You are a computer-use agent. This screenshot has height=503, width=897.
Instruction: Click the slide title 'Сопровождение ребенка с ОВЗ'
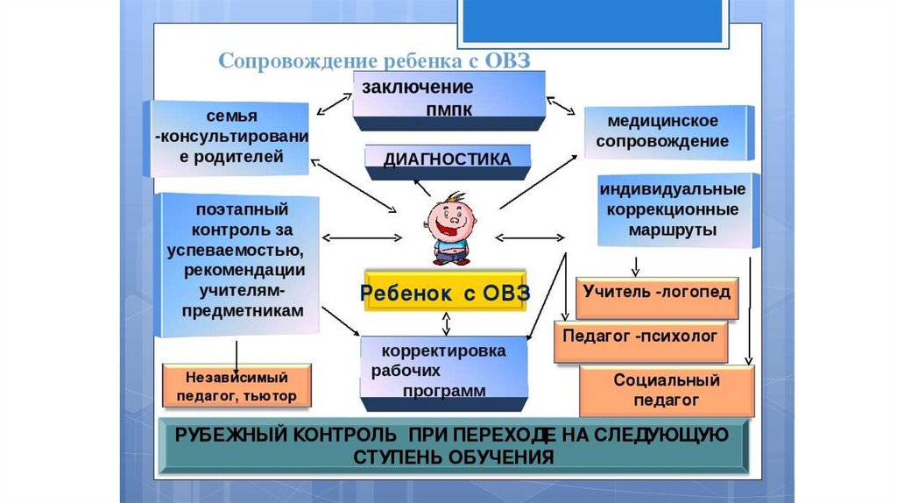375,60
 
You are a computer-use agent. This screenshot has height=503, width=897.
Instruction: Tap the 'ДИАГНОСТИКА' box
448,160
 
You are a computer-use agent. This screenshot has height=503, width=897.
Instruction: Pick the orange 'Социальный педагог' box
667,390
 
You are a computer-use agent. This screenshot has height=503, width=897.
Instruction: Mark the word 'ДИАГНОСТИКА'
448,159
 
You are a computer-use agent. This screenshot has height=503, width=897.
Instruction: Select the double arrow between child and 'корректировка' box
448,323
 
